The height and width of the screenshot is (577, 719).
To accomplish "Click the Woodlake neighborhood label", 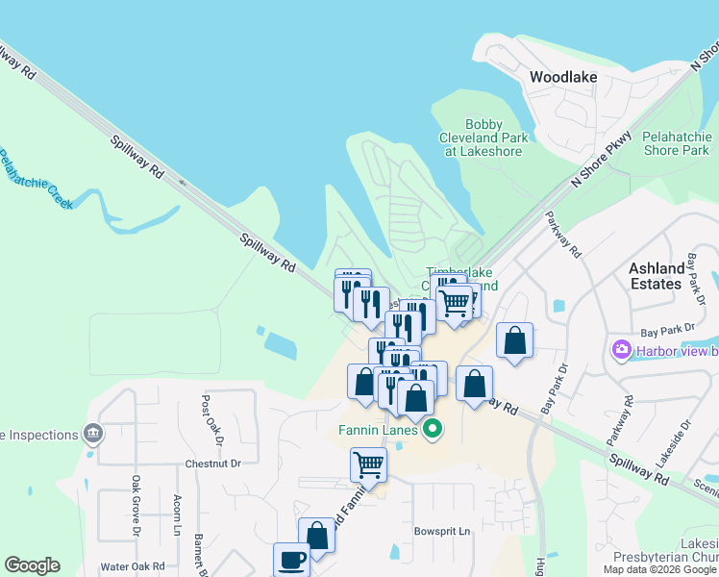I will (562, 77).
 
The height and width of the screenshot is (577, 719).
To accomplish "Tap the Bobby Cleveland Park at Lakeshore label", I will (483, 138).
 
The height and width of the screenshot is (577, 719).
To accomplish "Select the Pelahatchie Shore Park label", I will (676, 143).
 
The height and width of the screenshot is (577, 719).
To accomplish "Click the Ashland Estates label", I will (657, 276).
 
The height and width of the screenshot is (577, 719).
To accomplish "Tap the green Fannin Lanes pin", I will (433, 429).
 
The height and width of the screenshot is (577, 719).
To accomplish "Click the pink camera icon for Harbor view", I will (620, 349).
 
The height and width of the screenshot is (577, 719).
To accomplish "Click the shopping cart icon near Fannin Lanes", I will (368, 465).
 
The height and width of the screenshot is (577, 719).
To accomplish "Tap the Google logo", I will (33, 565).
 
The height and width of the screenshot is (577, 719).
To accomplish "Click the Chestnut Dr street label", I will (213, 463).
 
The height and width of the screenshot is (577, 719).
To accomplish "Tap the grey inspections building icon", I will (93, 435).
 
